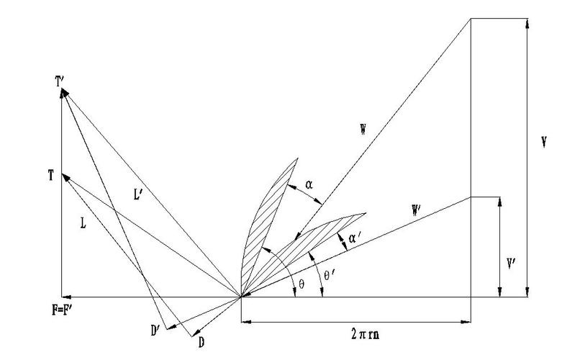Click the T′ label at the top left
60,82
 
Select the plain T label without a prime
51,176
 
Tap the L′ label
138,194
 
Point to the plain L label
83,224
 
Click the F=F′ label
62,310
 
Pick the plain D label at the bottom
201,343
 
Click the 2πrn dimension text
365,334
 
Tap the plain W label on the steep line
363,130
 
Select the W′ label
416,211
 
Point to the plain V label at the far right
544,143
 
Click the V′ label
511,265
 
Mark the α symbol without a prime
309,185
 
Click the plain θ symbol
302,284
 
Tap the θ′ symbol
329,276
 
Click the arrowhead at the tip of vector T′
64,92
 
